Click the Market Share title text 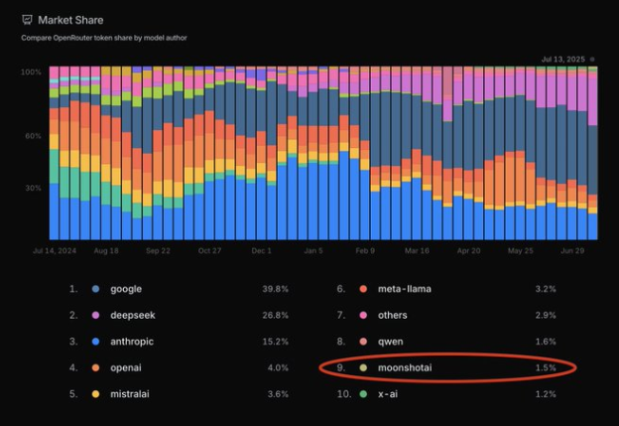tap(70, 20)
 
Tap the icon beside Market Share tap(27, 20)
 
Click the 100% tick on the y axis tap(32, 72)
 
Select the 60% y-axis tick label tap(33, 135)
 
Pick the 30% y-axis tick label tap(33, 188)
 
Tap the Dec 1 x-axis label tap(262, 251)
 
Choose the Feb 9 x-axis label tap(365, 251)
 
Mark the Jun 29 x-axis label tap(572, 251)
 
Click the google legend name tap(126, 289)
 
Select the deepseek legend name tap(133, 315)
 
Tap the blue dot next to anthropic tap(96, 342)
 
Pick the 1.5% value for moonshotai tap(545, 367)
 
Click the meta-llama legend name tap(405, 289)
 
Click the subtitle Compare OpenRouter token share tap(104, 38)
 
